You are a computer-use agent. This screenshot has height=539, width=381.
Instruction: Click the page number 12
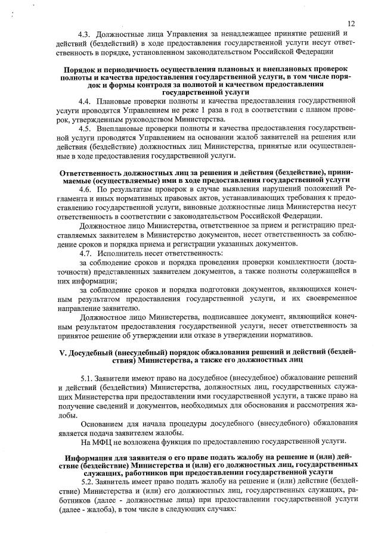click(x=351, y=23)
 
